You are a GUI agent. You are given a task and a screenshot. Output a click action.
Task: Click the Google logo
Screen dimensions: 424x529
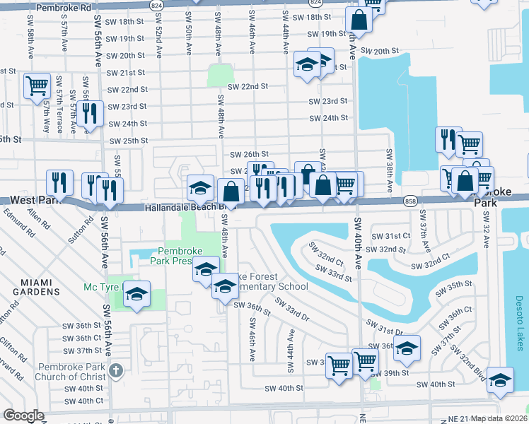tap(23, 416)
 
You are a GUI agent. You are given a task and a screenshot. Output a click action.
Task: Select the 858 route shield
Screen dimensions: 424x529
tap(411, 202)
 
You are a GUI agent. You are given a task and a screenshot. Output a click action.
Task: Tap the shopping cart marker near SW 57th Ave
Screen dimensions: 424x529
tap(36, 86)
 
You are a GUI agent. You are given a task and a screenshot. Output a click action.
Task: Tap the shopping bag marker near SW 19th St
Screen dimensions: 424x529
tap(359, 21)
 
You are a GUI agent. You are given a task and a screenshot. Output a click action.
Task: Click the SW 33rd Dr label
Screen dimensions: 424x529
tap(291, 311)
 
